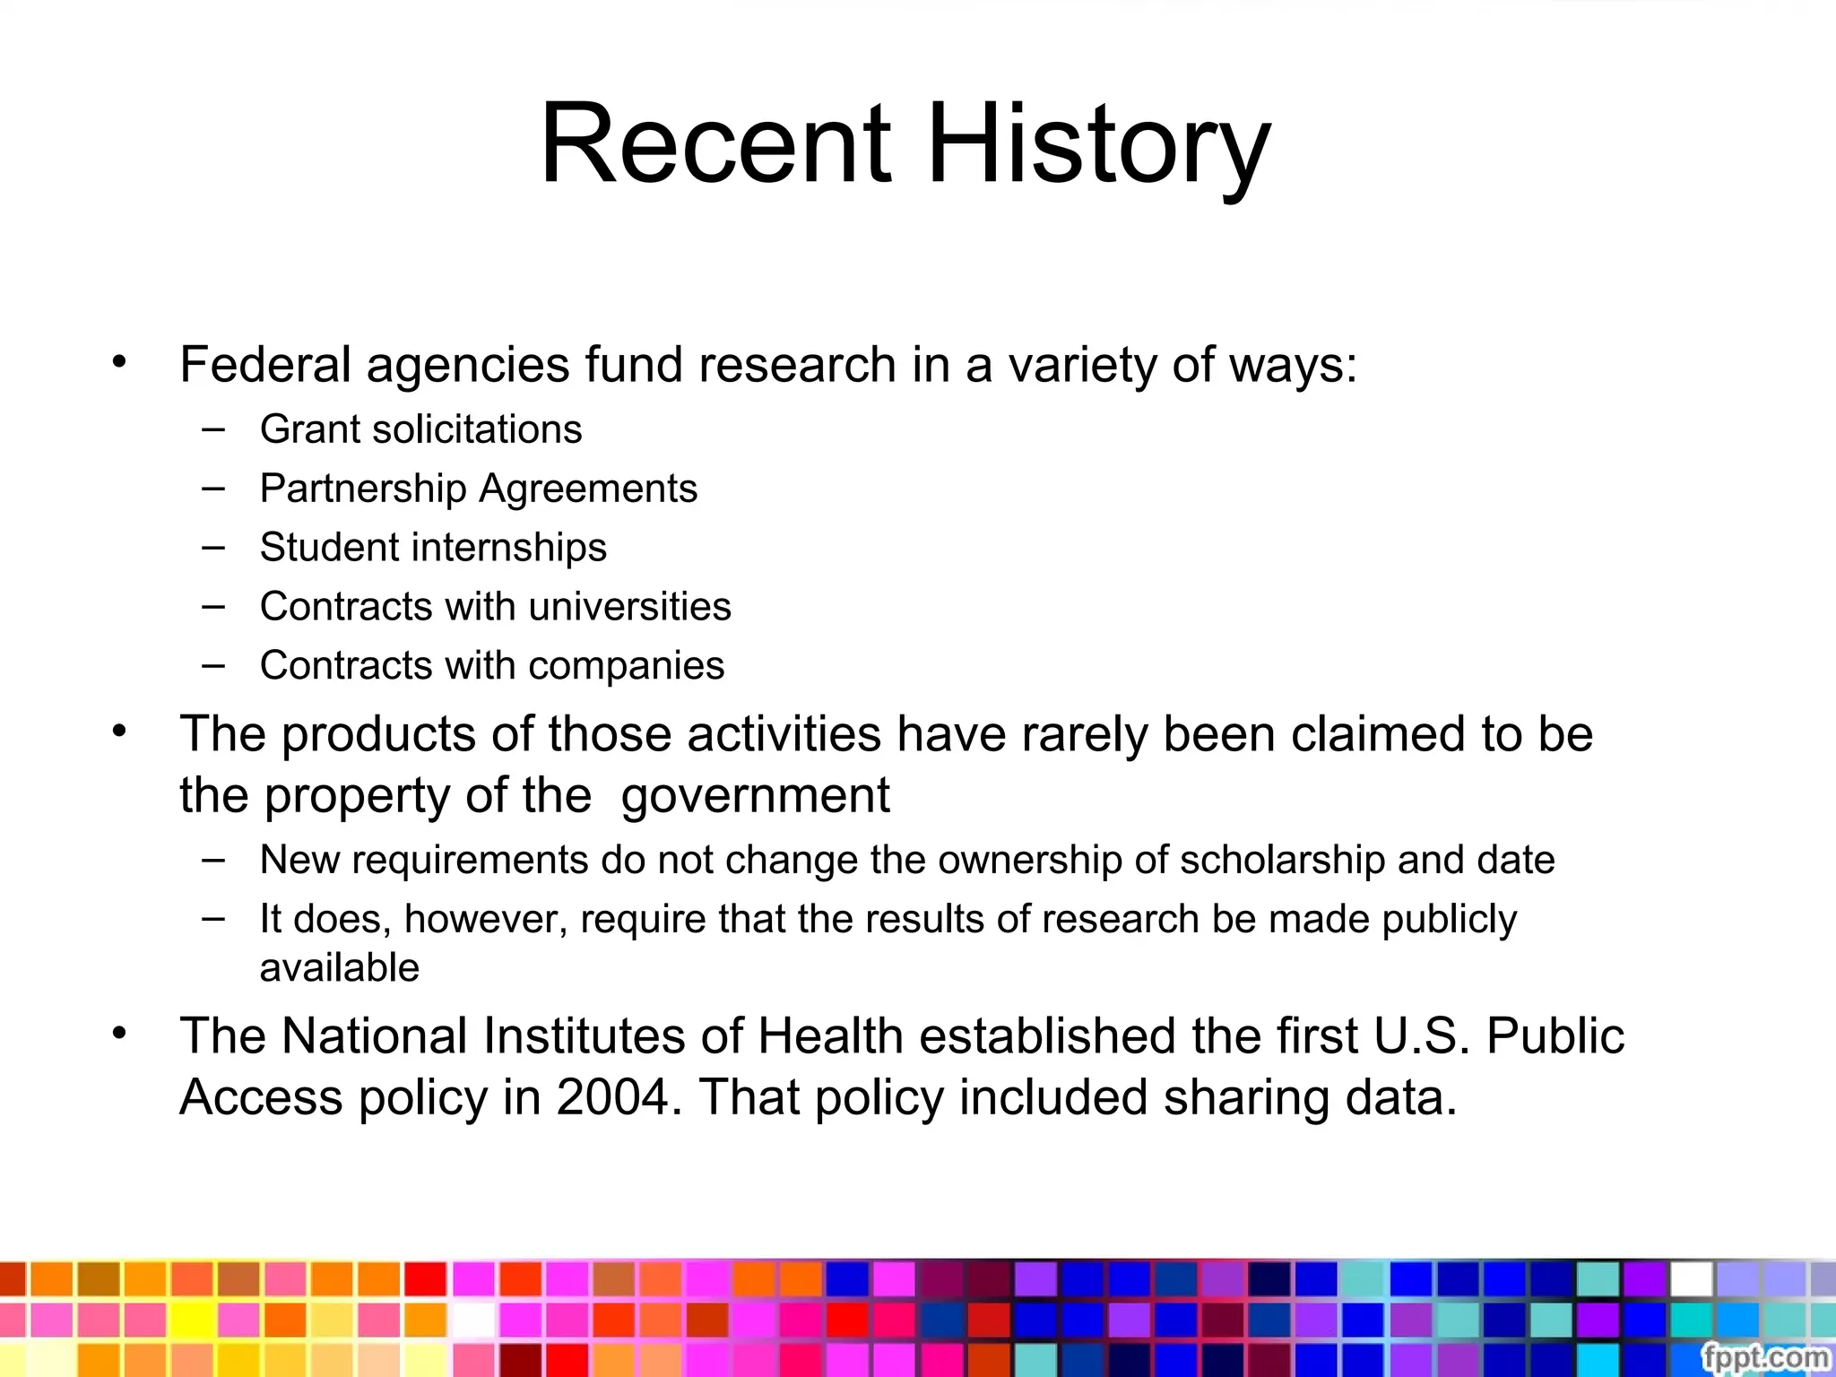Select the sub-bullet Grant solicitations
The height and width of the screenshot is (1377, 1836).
(420, 429)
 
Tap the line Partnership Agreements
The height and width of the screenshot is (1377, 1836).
(478, 489)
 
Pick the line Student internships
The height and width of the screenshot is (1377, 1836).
(433, 548)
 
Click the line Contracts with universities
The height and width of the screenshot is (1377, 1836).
(495, 607)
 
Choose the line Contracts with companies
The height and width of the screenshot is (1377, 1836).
(491, 666)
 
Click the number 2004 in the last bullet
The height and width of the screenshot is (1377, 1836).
(612, 1097)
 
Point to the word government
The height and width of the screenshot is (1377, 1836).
(755, 796)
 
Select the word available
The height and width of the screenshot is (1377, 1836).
(339, 968)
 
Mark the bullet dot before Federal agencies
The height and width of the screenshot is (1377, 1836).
(119, 362)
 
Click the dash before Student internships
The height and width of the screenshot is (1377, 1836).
(213, 547)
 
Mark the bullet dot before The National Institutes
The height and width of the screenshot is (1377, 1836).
(119, 1034)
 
